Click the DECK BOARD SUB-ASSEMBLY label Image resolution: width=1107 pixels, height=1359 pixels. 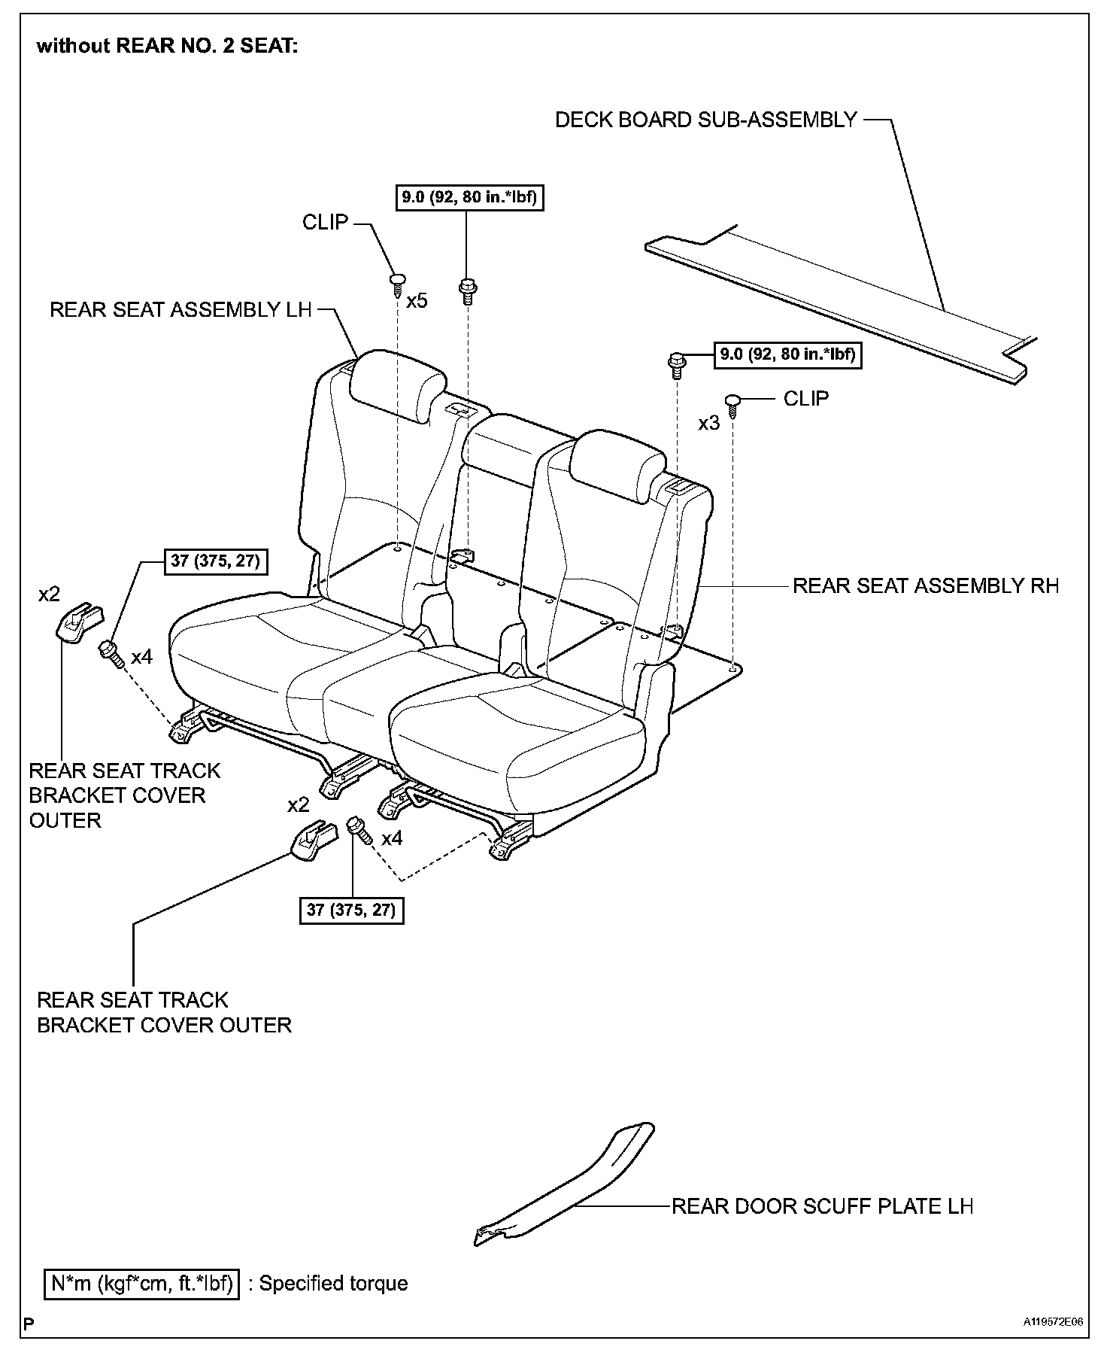pos(705,120)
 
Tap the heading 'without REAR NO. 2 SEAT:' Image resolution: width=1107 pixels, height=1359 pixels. pos(168,47)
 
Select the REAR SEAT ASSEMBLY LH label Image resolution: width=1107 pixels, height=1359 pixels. pos(180,310)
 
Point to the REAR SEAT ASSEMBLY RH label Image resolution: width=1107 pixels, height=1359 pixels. pos(926,585)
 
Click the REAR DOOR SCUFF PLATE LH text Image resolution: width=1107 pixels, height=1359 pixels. pos(822,1206)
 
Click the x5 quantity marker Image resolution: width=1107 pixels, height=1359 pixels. pos(417,301)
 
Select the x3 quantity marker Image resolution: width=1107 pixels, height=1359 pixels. pos(708,424)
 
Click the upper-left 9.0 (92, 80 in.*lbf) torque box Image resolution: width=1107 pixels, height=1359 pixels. pos(469,198)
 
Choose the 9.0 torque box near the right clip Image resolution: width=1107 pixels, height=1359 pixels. pos(787,354)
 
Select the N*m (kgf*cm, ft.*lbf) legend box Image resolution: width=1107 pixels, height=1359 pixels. pos(141,1284)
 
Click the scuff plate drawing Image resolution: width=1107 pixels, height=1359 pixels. pos(572,1189)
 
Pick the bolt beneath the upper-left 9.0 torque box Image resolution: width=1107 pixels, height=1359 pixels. pos(467,290)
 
